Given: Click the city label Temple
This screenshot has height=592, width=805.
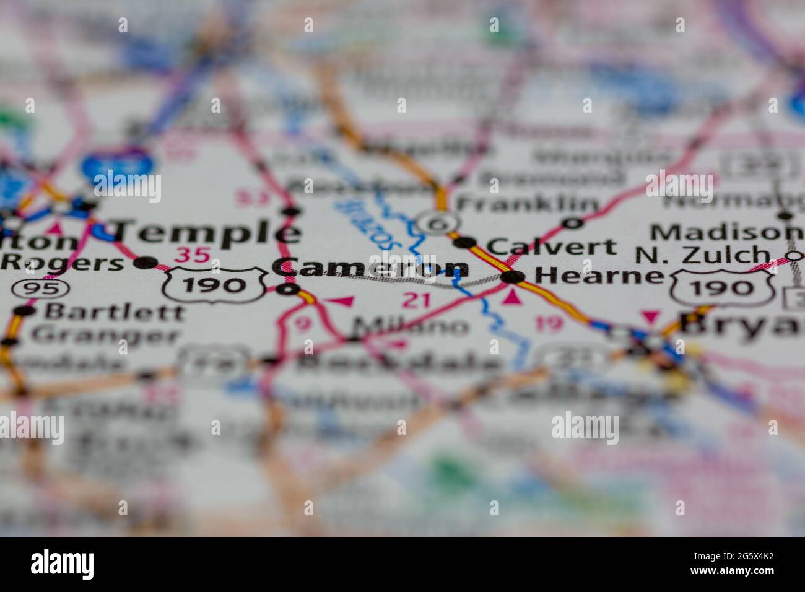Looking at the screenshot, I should coord(208,232).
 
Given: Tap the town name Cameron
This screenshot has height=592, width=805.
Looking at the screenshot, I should coord(370,267).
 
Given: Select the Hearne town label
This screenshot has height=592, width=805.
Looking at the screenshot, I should coord(598,275).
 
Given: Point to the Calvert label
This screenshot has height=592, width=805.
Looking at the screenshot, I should coord(551,246).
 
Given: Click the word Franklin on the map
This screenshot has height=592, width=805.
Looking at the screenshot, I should coord(527,203).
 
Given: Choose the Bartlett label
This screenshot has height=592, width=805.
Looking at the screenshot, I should coord(114,311).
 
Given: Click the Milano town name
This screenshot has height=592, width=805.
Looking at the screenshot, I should coord(411,326).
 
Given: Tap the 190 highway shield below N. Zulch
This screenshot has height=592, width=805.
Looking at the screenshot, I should coord(722,286).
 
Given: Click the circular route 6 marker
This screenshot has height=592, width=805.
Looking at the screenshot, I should coord(438,223).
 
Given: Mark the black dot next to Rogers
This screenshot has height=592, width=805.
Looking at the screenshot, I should coord(146,263).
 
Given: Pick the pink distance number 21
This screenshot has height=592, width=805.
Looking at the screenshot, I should coord(416,300).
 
